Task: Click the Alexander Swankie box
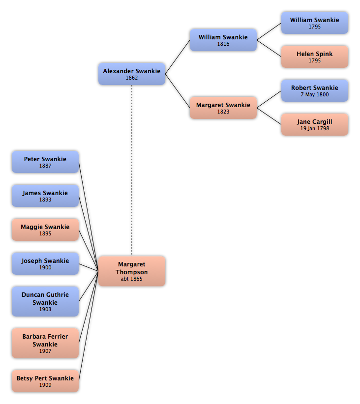click(x=132, y=74)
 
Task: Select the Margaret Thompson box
click(x=132, y=271)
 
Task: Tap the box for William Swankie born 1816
click(x=223, y=40)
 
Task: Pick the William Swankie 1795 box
click(x=315, y=23)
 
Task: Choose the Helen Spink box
click(x=315, y=57)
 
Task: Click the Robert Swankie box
click(x=315, y=90)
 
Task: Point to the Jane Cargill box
click(x=315, y=124)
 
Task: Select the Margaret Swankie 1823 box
click(x=223, y=108)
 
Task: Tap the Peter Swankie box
click(x=45, y=162)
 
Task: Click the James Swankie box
click(x=45, y=196)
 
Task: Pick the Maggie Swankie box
click(x=45, y=230)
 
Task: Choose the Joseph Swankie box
click(x=45, y=263)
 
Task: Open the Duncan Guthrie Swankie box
click(x=45, y=301)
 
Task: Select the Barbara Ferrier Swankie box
click(x=45, y=343)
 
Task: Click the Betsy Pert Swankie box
click(x=45, y=381)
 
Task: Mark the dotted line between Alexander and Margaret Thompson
click(x=132, y=171)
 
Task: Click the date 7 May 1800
click(x=315, y=94)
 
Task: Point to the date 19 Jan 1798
click(x=315, y=128)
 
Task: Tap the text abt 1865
click(x=131, y=279)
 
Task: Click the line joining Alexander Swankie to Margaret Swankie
click(x=178, y=91)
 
